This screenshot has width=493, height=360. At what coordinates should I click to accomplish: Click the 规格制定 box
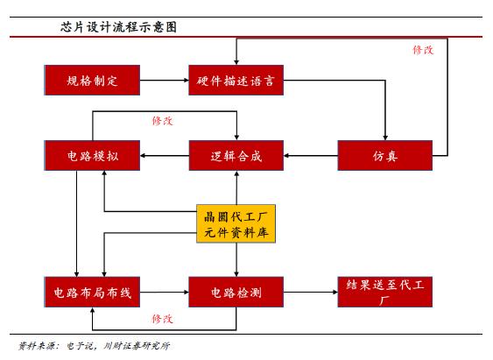pos(92,81)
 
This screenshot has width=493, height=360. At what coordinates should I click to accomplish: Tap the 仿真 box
pos(385,156)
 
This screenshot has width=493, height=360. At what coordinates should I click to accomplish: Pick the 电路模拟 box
pos(92,156)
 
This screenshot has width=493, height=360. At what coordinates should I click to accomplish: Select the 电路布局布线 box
pos(92,290)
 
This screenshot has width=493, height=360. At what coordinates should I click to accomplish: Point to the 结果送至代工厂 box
pos(385,290)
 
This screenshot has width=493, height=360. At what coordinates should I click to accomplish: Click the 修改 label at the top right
pos(423,50)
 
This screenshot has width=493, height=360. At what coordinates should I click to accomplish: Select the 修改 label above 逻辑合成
pos(162,119)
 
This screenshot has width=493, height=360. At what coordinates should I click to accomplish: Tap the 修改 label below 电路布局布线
pos(162,318)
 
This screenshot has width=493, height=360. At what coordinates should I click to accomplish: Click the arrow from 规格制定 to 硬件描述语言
pos(165,81)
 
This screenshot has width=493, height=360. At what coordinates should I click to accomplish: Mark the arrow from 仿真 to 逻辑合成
pos(311,156)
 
